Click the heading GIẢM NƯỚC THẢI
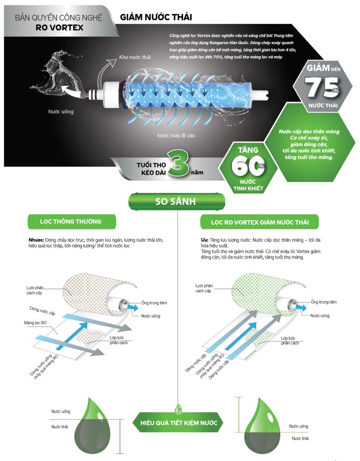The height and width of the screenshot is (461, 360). (156, 17)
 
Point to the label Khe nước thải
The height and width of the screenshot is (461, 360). (134, 57)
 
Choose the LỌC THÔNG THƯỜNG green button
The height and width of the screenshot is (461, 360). (71, 222)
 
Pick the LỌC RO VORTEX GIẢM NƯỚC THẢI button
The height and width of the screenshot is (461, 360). (260, 222)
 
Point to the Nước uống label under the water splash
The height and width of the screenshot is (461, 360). (61, 112)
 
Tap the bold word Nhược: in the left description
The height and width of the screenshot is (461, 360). (36, 240)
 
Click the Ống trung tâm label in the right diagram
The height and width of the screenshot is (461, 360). (324, 302)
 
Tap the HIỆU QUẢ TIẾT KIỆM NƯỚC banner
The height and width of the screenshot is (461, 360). (178, 423)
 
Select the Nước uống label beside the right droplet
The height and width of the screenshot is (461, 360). (299, 426)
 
